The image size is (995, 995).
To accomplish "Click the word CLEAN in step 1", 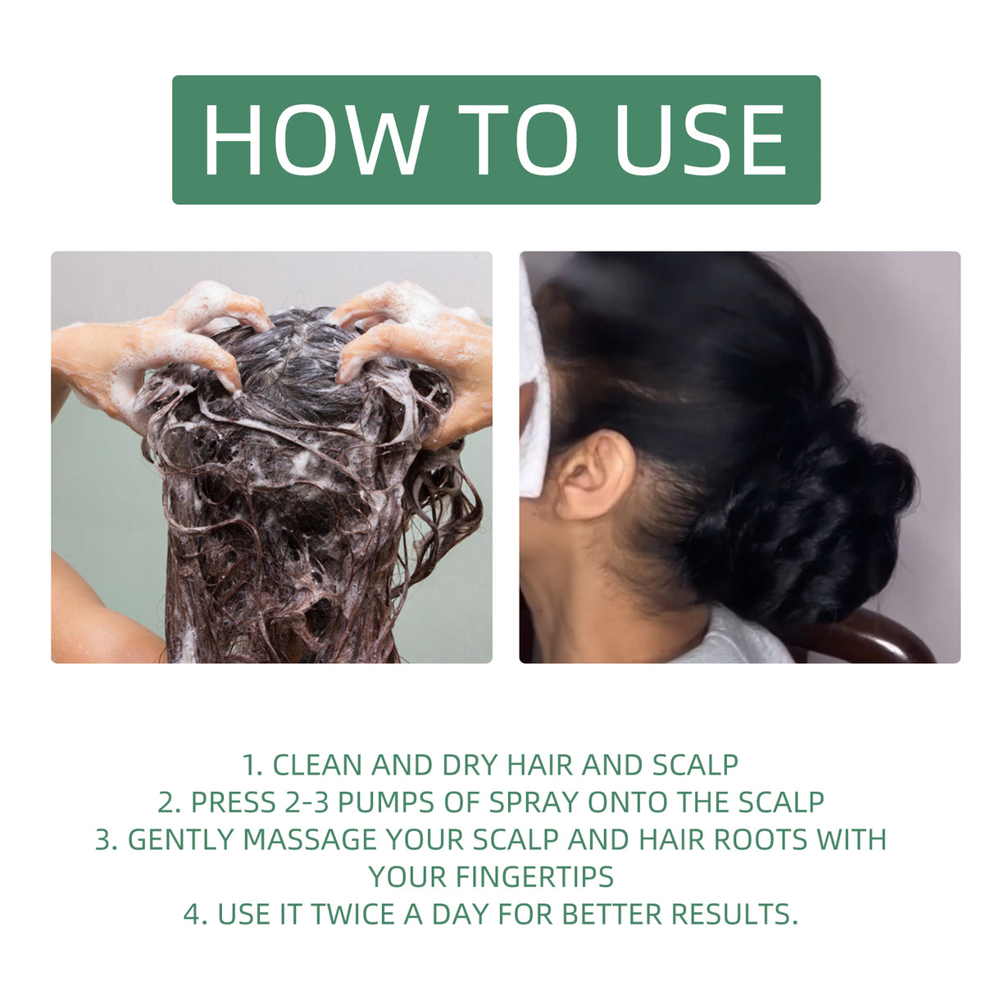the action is (317, 765).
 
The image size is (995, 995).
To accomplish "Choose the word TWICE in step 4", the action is (353, 914).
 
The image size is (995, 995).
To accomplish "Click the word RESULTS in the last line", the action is (734, 914).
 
